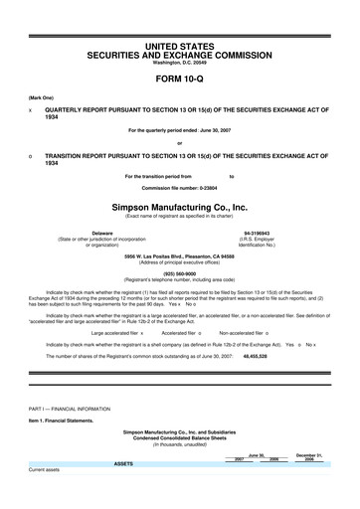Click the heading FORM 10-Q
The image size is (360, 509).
tap(179, 77)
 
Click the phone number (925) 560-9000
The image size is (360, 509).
tap(179, 271)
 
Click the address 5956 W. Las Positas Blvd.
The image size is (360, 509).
tap(179, 254)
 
